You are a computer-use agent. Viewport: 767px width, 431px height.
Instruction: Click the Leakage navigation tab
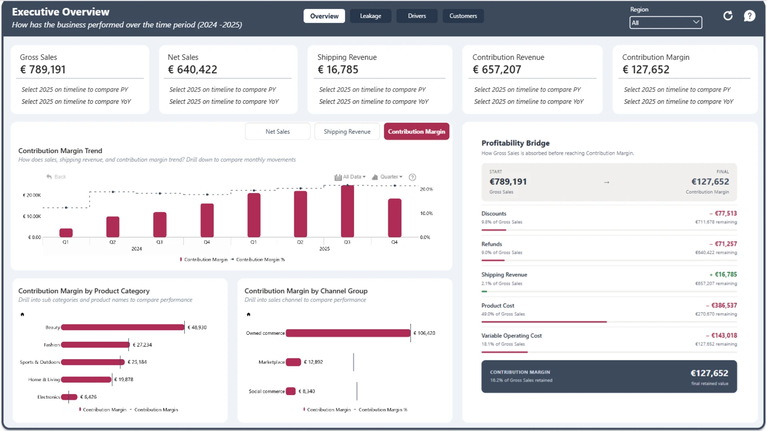370,16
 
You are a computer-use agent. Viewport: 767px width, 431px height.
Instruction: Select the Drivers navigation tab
417,16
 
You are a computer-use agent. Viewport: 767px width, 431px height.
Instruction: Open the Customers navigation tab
463,16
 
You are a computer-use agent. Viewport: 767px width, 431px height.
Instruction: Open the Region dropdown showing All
666,23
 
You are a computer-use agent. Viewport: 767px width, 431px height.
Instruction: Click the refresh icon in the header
728,16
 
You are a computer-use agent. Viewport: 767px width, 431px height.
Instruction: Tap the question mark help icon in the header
749,16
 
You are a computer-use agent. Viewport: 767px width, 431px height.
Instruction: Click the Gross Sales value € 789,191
43,70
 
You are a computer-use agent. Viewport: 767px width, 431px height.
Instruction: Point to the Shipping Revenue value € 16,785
338,70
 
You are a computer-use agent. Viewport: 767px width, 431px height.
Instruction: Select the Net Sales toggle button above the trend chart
278,132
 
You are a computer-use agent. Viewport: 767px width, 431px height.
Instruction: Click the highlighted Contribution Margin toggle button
416,132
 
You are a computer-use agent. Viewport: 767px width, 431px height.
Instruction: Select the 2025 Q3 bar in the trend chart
347,212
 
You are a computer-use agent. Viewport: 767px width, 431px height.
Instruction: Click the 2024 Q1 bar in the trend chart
66,233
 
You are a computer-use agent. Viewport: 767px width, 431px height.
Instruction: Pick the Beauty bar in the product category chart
123,327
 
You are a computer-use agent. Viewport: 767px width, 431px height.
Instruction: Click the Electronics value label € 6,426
88,397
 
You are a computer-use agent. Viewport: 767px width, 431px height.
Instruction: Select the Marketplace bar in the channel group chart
293,362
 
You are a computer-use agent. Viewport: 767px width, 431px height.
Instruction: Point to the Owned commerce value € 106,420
424,333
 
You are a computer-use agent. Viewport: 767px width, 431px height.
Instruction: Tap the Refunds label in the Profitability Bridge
492,244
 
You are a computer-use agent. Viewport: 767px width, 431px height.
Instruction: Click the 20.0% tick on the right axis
426,189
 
